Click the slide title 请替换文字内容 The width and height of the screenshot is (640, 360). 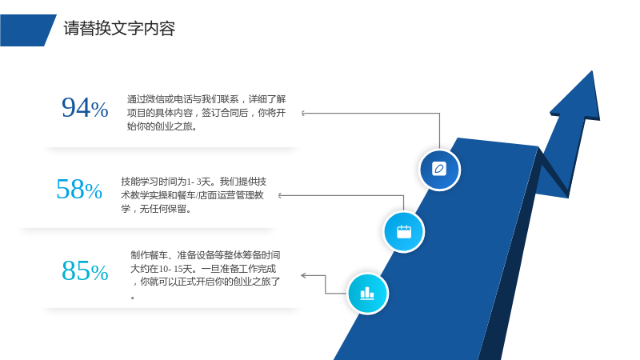(119, 29)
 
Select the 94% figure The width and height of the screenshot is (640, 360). (85, 108)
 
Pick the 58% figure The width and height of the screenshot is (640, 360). (79, 190)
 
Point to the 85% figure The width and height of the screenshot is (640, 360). (85, 270)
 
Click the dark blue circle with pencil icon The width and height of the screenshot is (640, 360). (439, 170)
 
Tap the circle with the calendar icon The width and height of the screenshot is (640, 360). (404, 232)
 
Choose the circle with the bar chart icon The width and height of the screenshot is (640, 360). (367, 294)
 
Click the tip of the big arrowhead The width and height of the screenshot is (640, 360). (592, 71)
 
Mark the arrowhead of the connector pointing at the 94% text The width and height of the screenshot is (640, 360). (303, 113)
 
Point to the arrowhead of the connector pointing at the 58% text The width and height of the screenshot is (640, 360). (280, 195)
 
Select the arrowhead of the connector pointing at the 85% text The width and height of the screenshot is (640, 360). (303, 275)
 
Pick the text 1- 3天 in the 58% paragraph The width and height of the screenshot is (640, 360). (199, 182)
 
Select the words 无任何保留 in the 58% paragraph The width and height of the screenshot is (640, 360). (163, 209)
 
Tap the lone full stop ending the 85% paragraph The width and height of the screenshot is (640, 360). (133, 298)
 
